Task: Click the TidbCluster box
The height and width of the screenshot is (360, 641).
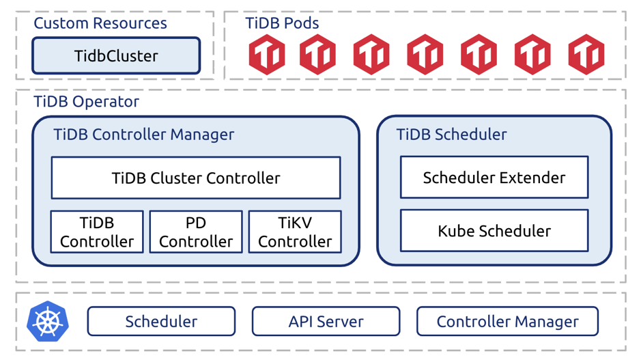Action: tap(116, 56)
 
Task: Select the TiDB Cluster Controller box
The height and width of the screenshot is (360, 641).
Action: tap(195, 178)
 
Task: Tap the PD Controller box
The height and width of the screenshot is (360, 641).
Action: tap(195, 232)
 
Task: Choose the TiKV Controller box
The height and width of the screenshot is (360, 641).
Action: tap(294, 232)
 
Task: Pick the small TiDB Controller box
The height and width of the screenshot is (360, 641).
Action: tap(97, 232)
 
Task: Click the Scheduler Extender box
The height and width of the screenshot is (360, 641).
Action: tap(494, 178)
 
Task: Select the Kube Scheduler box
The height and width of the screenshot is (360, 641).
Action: tap(494, 231)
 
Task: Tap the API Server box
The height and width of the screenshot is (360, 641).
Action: tap(326, 321)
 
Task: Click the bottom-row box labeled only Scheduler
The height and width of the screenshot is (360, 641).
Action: tap(161, 321)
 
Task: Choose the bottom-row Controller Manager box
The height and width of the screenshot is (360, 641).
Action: tap(507, 321)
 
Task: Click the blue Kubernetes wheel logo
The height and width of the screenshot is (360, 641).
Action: tap(47, 321)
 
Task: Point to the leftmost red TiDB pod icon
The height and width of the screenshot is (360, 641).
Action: tap(266, 54)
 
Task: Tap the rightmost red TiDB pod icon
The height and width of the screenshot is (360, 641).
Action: tap(586, 54)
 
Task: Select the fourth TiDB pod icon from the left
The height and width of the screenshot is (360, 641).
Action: tap(425, 54)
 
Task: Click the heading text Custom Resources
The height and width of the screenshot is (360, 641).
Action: tap(100, 23)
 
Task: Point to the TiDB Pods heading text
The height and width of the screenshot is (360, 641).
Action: tap(282, 23)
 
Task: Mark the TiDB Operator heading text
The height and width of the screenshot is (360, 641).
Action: tap(86, 102)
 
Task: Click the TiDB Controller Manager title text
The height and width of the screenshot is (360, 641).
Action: tap(143, 135)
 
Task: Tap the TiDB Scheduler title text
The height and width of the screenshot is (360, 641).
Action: tap(451, 135)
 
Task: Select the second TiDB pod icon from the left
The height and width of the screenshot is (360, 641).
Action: tap(317, 54)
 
